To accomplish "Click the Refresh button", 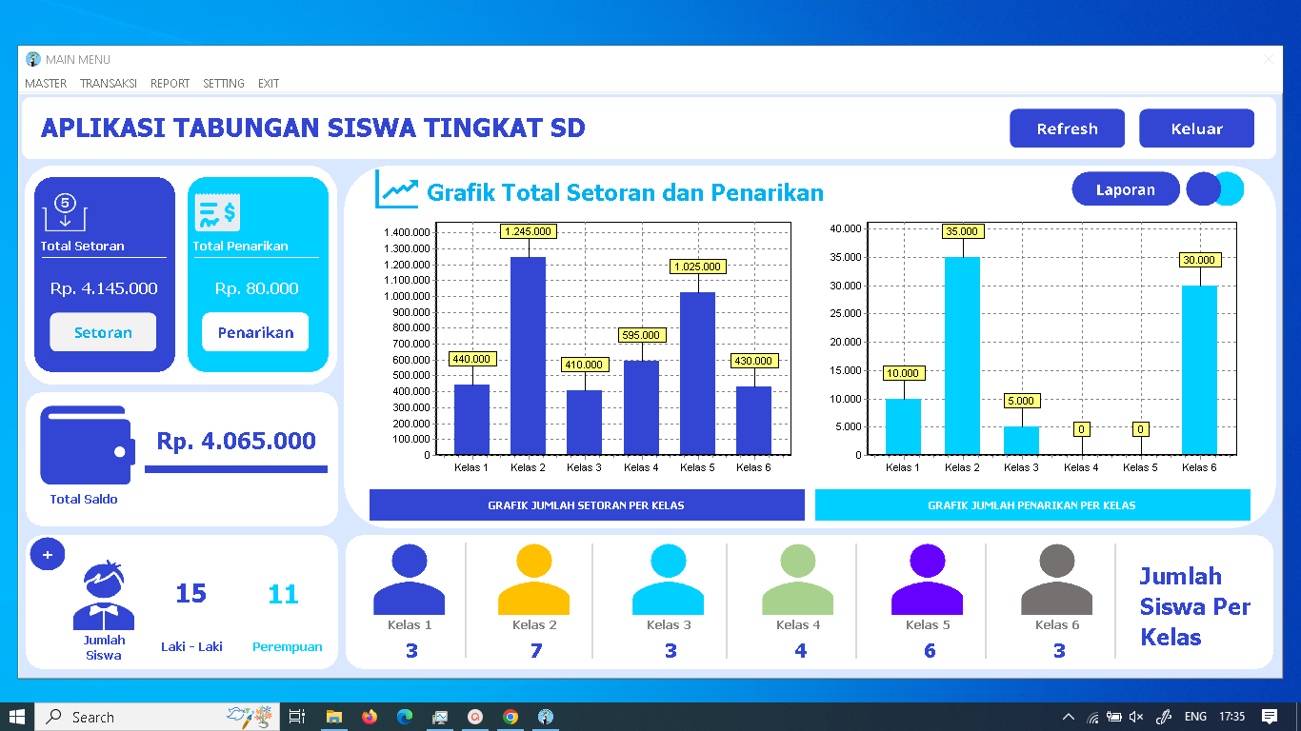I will click(x=1067, y=128).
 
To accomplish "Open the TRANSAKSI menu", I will click(x=109, y=84).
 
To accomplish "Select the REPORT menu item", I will click(x=170, y=84).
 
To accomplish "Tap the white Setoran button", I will click(x=103, y=332).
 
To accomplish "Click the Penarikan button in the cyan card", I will click(x=255, y=332).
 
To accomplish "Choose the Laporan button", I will click(x=1125, y=189).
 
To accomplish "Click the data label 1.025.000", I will click(x=697, y=267).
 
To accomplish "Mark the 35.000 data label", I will click(x=962, y=231).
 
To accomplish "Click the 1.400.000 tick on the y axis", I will click(x=407, y=232).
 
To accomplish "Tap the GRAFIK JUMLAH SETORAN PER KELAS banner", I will click(x=586, y=505).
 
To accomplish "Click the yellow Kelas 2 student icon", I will click(x=533, y=580).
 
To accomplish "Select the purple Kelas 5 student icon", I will click(x=927, y=580).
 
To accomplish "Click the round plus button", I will click(x=48, y=554).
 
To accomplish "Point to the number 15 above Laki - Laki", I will click(x=190, y=594).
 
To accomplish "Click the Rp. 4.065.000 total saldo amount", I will click(x=236, y=442).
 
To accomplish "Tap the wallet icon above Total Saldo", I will click(x=86, y=445).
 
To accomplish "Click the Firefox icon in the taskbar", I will click(x=370, y=717).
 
